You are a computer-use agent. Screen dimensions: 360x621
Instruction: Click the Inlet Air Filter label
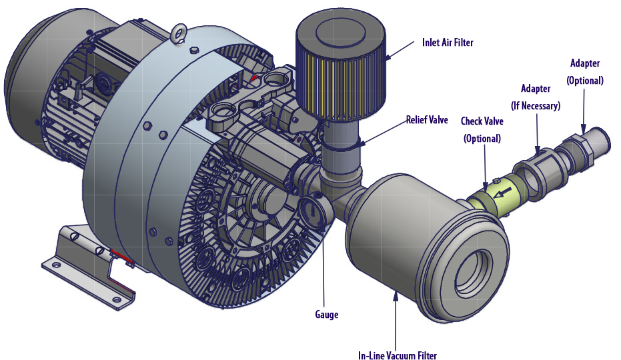pos(448,43)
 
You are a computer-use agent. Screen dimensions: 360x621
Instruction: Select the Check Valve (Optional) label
pos(481,129)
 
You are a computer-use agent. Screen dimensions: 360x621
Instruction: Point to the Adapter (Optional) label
pos(584,71)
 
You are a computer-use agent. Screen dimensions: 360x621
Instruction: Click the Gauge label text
pos(327,315)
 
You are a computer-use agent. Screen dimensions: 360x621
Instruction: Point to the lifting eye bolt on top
pos(178,32)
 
